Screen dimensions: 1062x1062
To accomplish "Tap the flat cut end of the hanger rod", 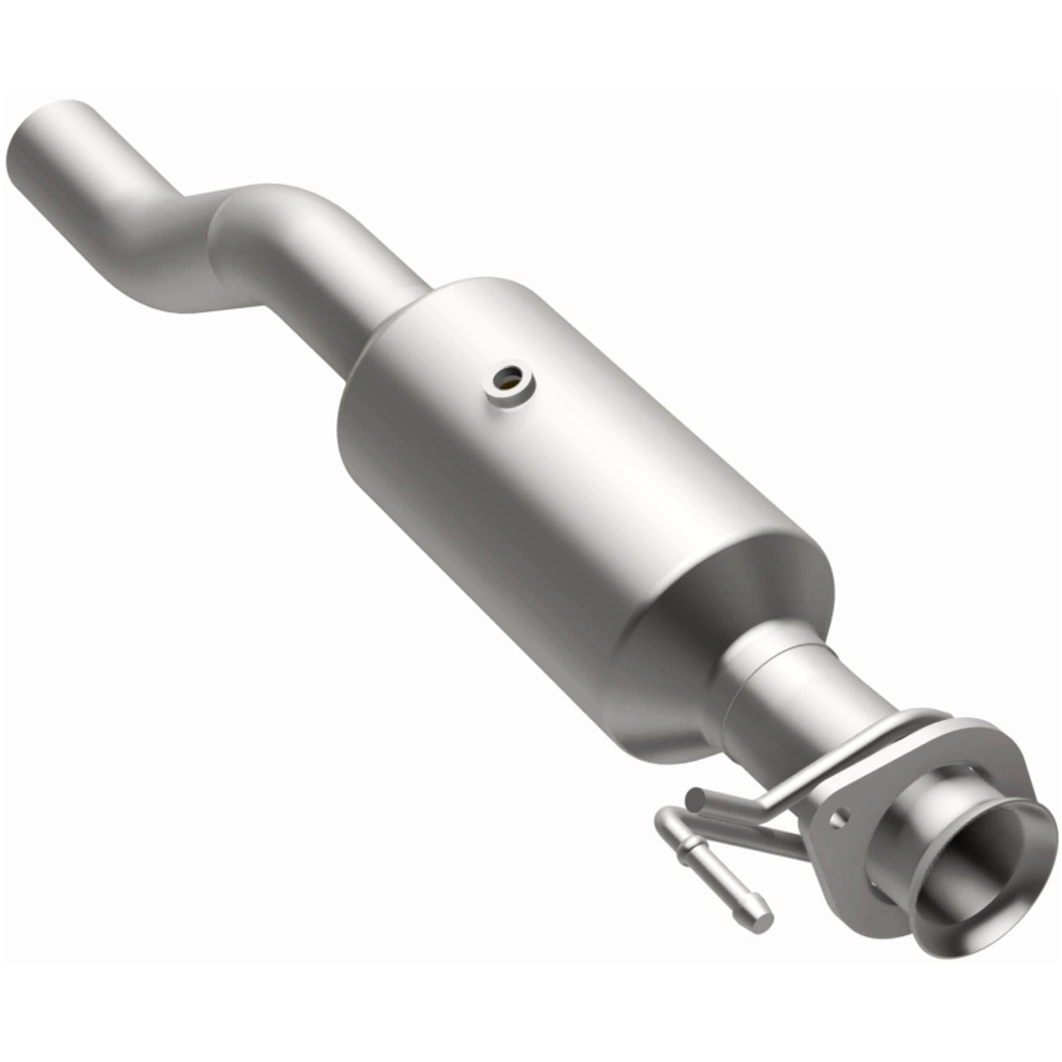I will (695, 799).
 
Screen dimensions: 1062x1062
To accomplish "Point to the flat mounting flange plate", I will (855, 796).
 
